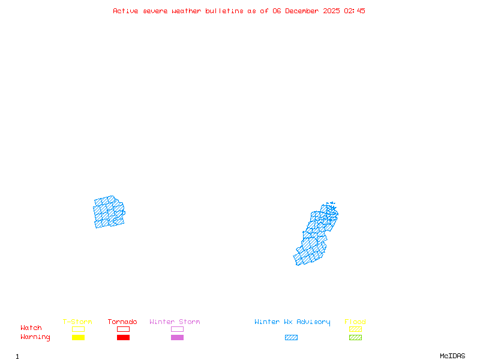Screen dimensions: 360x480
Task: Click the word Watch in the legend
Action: tap(31, 328)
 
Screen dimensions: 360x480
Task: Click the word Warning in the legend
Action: tap(35, 337)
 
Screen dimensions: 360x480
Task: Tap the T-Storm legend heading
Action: tap(77, 322)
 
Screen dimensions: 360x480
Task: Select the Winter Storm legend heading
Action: tap(175, 322)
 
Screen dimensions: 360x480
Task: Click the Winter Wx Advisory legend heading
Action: tap(292, 322)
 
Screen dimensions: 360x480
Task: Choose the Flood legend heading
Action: tap(355, 322)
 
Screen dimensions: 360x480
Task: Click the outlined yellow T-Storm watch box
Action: tap(78, 329)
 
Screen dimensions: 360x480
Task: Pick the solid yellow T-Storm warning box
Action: tap(78, 338)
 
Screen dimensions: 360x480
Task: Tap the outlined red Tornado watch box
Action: tap(123, 329)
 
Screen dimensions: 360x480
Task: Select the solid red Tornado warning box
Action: tap(123, 338)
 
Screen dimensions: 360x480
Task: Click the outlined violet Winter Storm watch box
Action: tap(177, 329)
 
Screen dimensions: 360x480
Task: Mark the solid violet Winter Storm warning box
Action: tap(177, 338)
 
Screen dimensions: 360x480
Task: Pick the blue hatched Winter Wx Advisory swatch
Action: tap(291, 338)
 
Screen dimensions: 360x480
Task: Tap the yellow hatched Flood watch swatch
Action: tap(355, 329)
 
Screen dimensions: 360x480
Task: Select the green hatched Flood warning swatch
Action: tap(355, 338)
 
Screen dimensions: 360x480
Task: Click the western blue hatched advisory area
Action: tap(109, 212)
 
